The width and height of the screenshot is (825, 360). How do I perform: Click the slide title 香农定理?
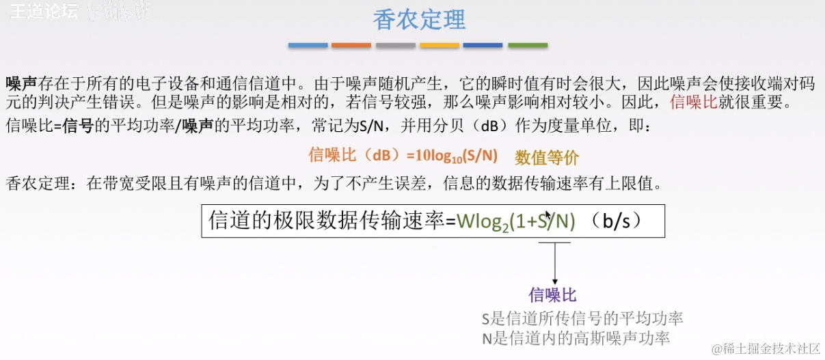coord(419,20)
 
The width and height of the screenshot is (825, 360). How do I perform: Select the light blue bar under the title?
coord(308,45)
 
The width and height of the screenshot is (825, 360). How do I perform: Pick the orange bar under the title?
coord(351,45)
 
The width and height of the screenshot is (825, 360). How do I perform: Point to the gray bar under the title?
coord(395,45)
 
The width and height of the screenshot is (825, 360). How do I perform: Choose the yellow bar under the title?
coord(439,45)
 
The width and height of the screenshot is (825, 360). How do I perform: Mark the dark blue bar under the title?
coord(483,45)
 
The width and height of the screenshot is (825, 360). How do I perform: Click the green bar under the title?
coord(527,45)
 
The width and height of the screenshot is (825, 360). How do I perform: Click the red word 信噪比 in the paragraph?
coord(692,103)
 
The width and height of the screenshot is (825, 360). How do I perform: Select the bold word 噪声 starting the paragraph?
coord(21,84)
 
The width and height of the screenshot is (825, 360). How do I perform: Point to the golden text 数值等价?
coord(547,158)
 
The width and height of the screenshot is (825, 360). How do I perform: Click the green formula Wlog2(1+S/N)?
coord(516,221)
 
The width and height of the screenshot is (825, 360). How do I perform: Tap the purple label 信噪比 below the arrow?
coord(553,295)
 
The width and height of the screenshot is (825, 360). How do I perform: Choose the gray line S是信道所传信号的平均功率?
coord(582,318)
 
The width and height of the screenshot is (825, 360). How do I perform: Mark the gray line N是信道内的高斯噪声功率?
coord(576,337)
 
